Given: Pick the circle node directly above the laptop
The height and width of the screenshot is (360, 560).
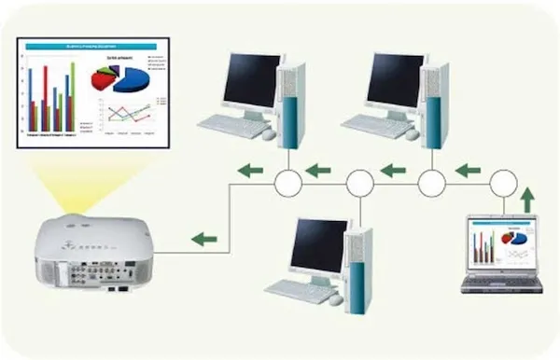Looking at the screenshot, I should [504, 182].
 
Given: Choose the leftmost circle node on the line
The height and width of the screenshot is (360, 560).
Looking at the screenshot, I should [288, 183].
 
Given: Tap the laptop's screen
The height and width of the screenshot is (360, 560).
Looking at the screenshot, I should [502, 244].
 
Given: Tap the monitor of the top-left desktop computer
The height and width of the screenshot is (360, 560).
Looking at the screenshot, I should [250, 80].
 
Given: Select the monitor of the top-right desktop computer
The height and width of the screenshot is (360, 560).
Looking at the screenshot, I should [394, 80].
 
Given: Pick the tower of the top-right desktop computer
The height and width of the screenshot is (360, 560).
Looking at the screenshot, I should [436, 103].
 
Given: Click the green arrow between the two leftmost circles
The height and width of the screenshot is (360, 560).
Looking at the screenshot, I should [318, 171].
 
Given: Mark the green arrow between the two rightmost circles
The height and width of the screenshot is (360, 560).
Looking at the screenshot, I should [468, 171].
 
